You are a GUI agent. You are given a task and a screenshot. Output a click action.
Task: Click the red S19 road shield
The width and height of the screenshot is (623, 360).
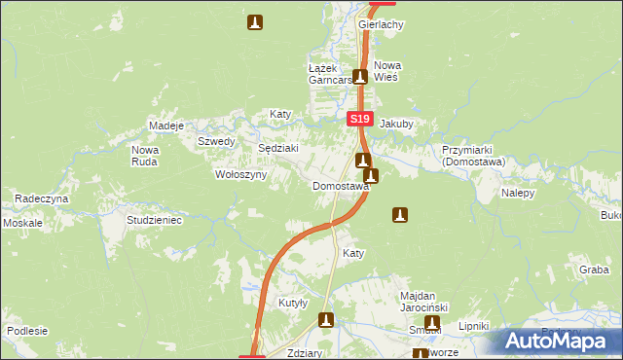click(x=360, y=119)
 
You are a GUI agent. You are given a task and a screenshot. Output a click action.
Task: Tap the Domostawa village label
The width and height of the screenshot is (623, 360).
click(x=340, y=186)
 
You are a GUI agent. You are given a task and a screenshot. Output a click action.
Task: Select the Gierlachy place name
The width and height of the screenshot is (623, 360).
click(x=381, y=24)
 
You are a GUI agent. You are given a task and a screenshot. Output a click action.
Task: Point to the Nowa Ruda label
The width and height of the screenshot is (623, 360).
click(x=145, y=156)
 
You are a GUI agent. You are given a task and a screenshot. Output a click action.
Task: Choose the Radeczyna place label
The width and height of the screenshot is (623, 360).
click(x=42, y=198)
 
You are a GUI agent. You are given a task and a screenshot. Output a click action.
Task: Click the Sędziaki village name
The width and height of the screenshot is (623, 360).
click(x=276, y=148)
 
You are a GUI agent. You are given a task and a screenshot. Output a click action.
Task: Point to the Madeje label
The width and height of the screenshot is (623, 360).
click(x=165, y=126)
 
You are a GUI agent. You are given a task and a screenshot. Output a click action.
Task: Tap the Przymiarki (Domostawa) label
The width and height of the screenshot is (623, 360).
click(x=470, y=157)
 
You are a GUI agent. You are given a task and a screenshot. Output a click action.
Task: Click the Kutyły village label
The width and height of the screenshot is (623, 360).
click(x=293, y=303)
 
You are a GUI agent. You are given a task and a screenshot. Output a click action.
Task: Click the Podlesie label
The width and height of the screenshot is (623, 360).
click(x=27, y=331)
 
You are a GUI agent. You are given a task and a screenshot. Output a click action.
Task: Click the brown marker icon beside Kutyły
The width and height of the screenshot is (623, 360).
click(x=326, y=319)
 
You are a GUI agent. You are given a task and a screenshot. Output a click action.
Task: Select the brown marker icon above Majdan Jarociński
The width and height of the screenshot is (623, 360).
click(x=399, y=214)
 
